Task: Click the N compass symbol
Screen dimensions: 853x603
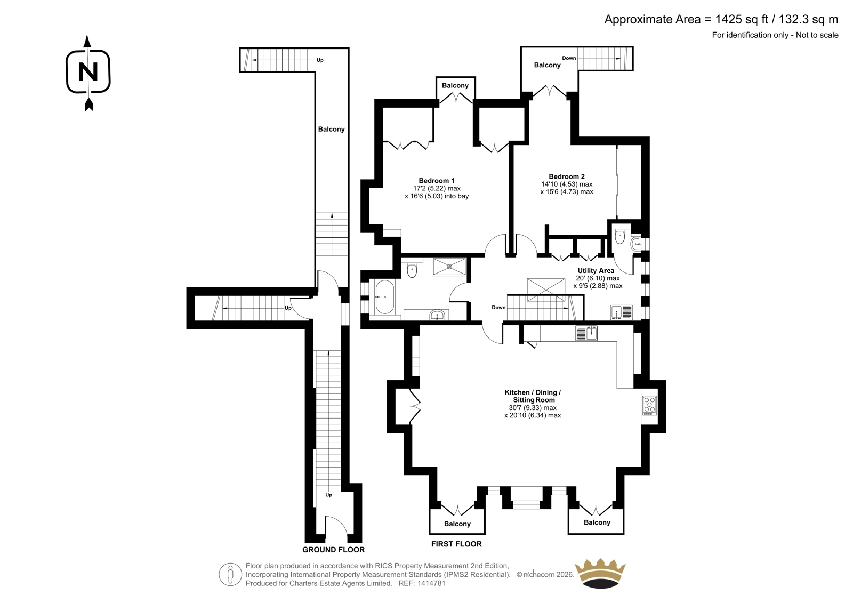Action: [x=88, y=73]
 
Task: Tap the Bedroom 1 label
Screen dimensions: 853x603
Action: [x=437, y=181]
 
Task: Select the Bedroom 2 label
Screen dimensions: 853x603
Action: [x=566, y=176]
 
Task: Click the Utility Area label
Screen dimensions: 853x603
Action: [x=596, y=270]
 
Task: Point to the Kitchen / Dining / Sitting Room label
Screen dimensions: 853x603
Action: [x=533, y=396]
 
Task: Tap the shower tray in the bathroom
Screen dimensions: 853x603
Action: [x=449, y=267]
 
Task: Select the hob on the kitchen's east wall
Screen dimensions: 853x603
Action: [x=649, y=406]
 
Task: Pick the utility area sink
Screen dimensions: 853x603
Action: [x=621, y=312]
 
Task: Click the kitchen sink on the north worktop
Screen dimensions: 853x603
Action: [x=586, y=333]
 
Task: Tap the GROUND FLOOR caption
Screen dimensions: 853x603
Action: [x=333, y=550]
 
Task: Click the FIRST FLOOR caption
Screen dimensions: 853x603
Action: [x=456, y=544]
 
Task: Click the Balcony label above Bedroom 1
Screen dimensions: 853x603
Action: [x=455, y=85]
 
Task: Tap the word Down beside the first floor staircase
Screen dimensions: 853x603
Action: [x=498, y=308]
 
